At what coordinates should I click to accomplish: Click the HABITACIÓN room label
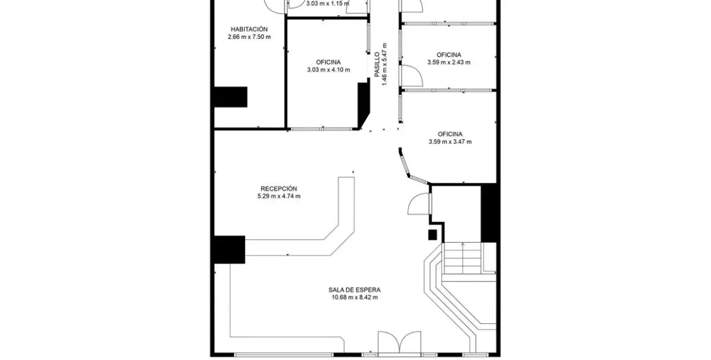click(x=249, y=29)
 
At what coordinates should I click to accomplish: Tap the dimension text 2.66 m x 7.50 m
click(x=249, y=37)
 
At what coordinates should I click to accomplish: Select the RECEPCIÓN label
click(x=278, y=189)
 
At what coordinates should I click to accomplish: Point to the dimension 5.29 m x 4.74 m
click(x=278, y=196)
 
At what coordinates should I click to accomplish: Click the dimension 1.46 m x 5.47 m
click(x=385, y=63)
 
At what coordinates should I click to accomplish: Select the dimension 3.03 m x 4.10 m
click(x=328, y=70)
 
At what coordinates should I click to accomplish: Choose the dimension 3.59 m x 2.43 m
click(x=449, y=62)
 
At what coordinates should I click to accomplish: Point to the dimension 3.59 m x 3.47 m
click(x=450, y=142)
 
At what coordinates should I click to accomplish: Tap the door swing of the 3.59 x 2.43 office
click(x=413, y=74)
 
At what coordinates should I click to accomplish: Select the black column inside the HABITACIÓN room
click(x=230, y=97)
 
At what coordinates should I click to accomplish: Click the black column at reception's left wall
click(x=229, y=250)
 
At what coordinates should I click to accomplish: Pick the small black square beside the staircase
click(x=433, y=234)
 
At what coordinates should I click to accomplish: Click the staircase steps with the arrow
click(x=463, y=258)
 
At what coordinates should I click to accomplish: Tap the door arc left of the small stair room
click(x=419, y=203)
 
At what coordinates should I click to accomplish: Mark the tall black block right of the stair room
click(x=490, y=213)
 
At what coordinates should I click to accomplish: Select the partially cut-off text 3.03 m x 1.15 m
click(x=328, y=3)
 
